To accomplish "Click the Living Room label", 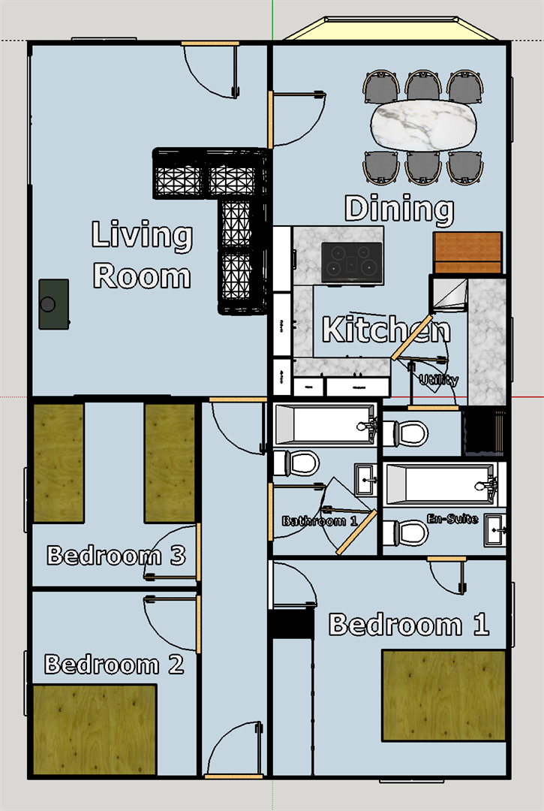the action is pyautogui.click(x=142, y=255).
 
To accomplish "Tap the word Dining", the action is pyautogui.click(x=399, y=210).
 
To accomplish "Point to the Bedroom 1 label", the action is pyautogui.click(x=409, y=624).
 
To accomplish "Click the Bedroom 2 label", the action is pyautogui.click(x=114, y=664).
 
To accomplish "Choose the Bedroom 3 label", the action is pyautogui.click(x=116, y=556).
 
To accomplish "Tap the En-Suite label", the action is pyautogui.click(x=452, y=518).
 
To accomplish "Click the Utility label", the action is pyautogui.click(x=439, y=380).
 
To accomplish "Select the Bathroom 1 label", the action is pyautogui.click(x=320, y=521).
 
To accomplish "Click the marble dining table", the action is pyautogui.click(x=423, y=125).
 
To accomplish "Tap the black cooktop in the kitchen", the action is pyautogui.click(x=351, y=263).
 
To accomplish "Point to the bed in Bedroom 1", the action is pyautogui.click(x=443, y=695).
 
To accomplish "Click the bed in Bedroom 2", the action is pyautogui.click(x=95, y=730).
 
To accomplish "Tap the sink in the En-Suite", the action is pyautogui.click(x=495, y=530).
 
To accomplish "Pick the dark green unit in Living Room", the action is pyautogui.click(x=54, y=304).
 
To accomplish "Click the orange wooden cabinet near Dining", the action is pyautogui.click(x=467, y=252).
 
